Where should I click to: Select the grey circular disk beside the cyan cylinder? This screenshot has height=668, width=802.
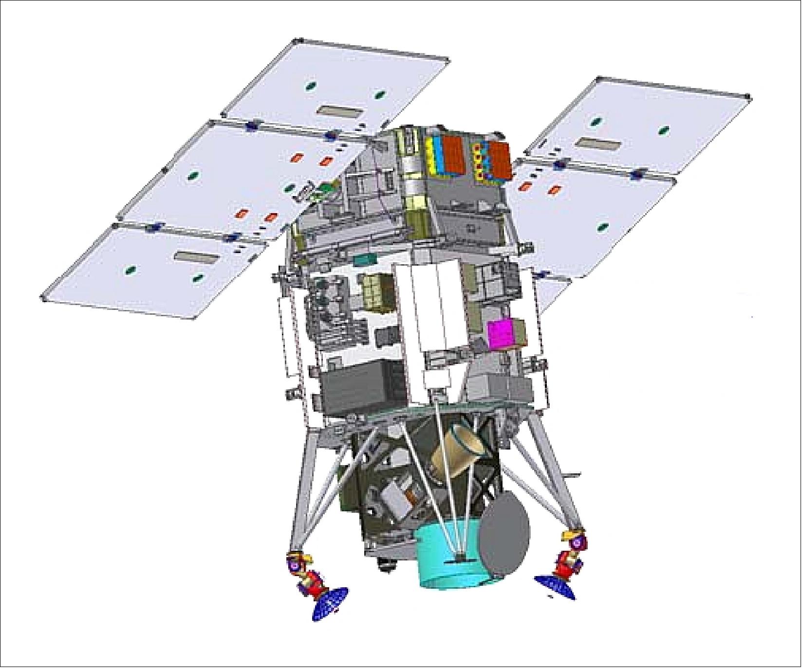click(504, 540)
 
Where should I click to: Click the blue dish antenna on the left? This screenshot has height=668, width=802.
click(330, 603)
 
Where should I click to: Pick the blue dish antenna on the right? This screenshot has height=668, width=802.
click(555, 586)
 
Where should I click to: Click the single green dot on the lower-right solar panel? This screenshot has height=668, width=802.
click(603, 227)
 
